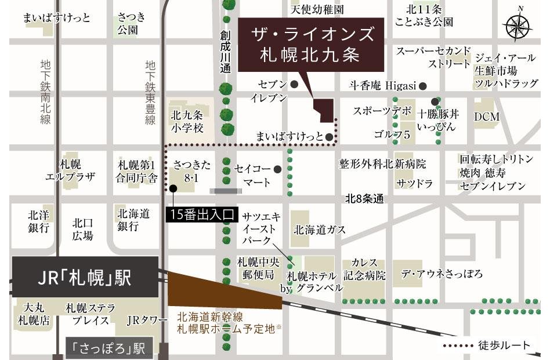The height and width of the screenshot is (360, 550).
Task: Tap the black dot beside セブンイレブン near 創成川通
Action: point(294,85)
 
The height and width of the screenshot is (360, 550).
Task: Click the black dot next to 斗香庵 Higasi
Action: point(423,86)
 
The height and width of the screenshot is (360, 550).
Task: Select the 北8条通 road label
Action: point(364,199)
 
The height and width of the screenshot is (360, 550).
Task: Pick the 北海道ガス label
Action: point(320,230)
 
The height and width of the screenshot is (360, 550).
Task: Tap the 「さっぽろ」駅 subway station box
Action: point(108,348)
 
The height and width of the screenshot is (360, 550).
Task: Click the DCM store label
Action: point(486,117)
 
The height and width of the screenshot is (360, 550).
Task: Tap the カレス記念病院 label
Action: point(364,269)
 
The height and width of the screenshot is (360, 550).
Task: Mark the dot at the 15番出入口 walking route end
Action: point(173,188)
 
